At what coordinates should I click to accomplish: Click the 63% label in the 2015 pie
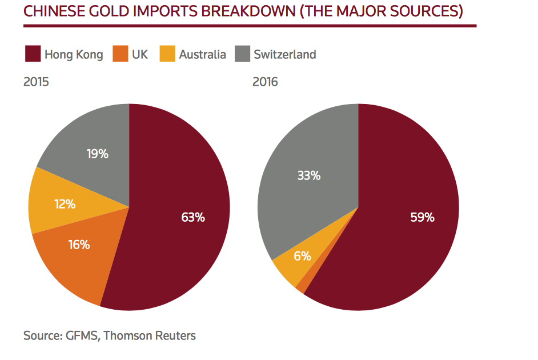(192, 217)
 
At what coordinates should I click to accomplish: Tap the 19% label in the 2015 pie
(98, 154)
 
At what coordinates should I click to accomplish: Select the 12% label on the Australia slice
(65, 203)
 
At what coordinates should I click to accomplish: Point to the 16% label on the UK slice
(79, 245)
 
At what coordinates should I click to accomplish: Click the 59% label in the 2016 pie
(422, 217)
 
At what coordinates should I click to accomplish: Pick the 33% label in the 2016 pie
(308, 176)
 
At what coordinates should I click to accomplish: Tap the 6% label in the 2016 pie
(302, 256)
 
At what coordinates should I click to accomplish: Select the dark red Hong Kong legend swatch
(33, 54)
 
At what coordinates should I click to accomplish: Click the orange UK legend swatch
(120, 54)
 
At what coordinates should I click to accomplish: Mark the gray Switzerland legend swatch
(243, 54)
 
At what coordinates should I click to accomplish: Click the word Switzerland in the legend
(285, 55)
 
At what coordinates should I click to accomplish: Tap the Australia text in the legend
(202, 55)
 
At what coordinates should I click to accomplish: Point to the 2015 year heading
(36, 82)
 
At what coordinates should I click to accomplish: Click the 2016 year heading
(265, 82)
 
